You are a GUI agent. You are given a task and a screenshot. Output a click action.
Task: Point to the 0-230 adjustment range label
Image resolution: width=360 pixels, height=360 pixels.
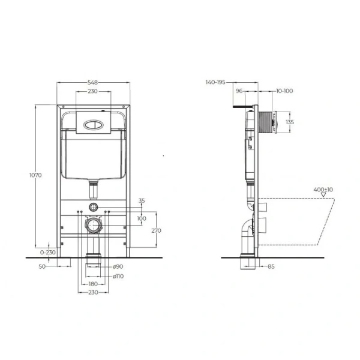coord(45,253)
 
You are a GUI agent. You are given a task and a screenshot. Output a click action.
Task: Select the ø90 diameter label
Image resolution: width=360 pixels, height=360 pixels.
coord(119,266)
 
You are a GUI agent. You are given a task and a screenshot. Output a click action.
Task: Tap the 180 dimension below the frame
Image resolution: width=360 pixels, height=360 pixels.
coord(93,284)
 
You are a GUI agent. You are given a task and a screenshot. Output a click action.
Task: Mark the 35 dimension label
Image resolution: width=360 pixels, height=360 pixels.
coord(142,200)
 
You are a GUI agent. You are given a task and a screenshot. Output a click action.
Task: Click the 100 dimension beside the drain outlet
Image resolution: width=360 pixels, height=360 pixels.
coord(141,218)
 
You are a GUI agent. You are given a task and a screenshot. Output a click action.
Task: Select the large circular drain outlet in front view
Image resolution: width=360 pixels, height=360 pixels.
coord(94,226)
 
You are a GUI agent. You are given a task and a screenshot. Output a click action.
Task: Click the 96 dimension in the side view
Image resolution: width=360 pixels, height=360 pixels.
coord(239,91)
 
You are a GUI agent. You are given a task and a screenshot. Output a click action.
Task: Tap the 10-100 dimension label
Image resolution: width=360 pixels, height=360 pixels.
coord(285,91)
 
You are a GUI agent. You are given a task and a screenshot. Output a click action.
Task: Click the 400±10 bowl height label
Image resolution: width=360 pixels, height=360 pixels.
coord(323,190)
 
